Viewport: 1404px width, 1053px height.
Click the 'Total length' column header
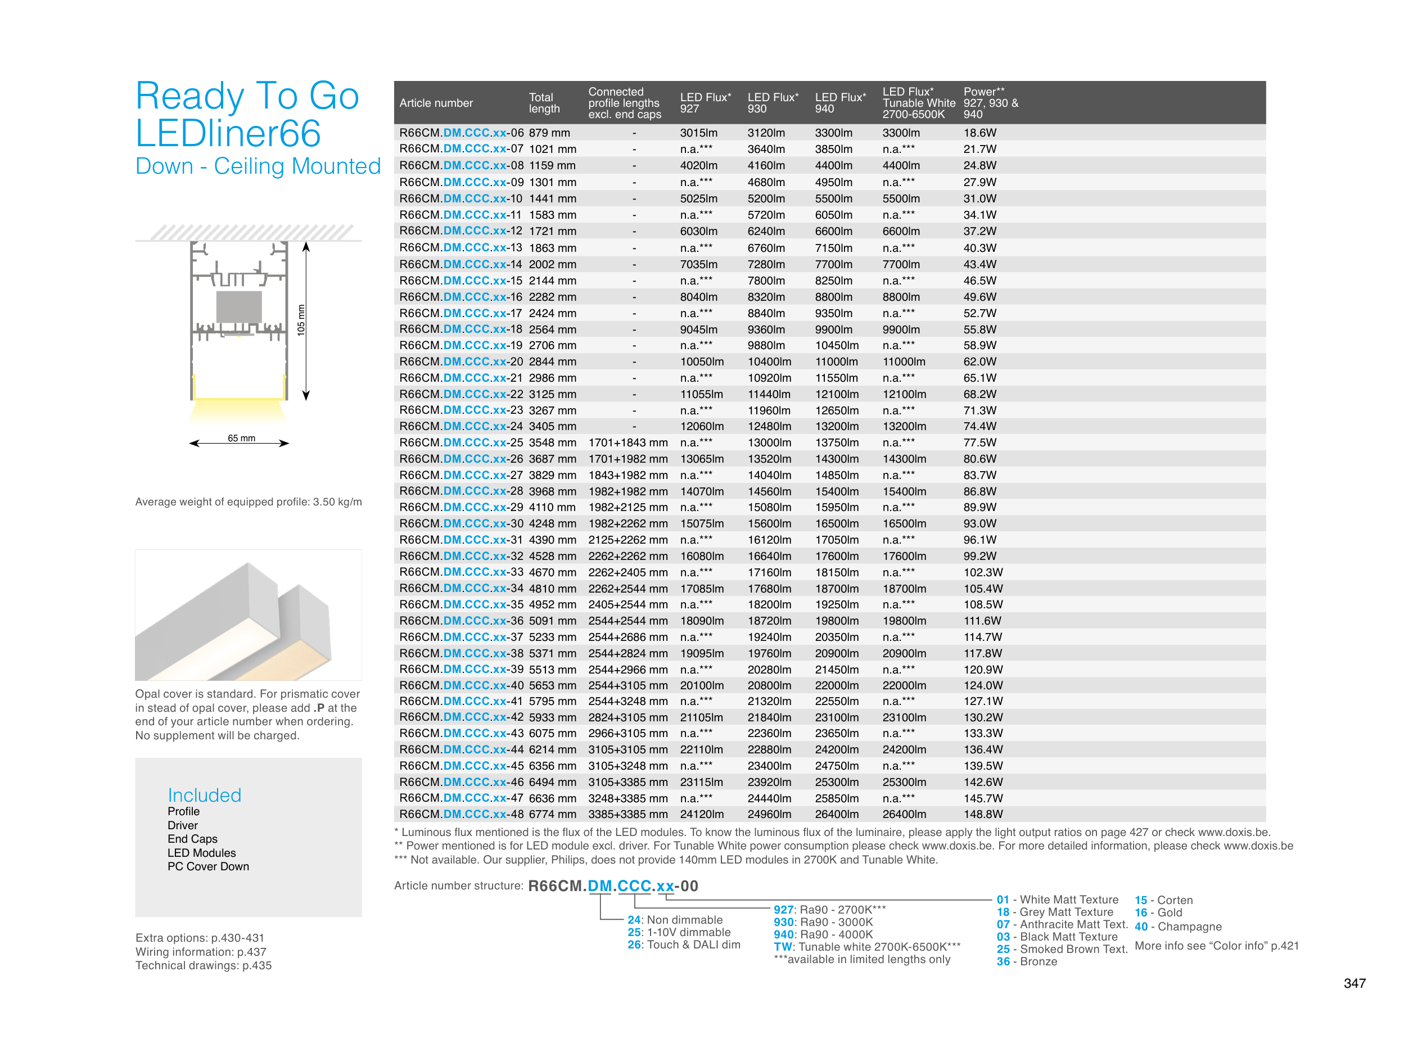pyautogui.click(x=544, y=103)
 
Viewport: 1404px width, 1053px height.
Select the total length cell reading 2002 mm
pyautogui.click(x=552, y=264)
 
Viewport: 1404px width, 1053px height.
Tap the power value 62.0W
pyautogui.click(x=979, y=362)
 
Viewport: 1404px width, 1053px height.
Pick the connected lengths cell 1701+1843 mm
pyautogui.click(x=627, y=442)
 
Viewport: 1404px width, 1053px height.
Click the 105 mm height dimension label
pyautogui.click(x=301, y=320)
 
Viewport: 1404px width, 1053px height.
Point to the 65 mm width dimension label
pyautogui.click(x=241, y=438)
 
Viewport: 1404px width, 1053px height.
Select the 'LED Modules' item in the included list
pyautogui.click(x=201, y=852)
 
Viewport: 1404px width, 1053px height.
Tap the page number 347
pyautogui.click(x=1354, y=983)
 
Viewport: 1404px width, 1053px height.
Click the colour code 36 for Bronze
pyautogui.click(x=1003, y=961)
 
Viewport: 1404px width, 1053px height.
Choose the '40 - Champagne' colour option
pyautogui.click(x=1177, y=926)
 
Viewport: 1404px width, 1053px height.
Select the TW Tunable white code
pyautogui.click(x=782, y=947)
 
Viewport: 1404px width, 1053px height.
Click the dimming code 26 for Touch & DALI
pyautogui.click(x=634, y=944)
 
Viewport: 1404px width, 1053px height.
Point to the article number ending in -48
pyautogui.click(x=461, y=814)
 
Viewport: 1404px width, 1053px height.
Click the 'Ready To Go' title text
pyautogui.click(x=247, y=96)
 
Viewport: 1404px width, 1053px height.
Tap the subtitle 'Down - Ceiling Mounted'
pyautogui.click(x=258, y=166)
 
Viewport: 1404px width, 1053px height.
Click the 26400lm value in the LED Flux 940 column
pyautogui.click(x=833, y=814)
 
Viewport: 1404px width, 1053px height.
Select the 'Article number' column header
pyautogui.click(x=436, y=103)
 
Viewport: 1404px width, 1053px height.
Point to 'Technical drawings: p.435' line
pyautogui.click(x=203, y=965)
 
